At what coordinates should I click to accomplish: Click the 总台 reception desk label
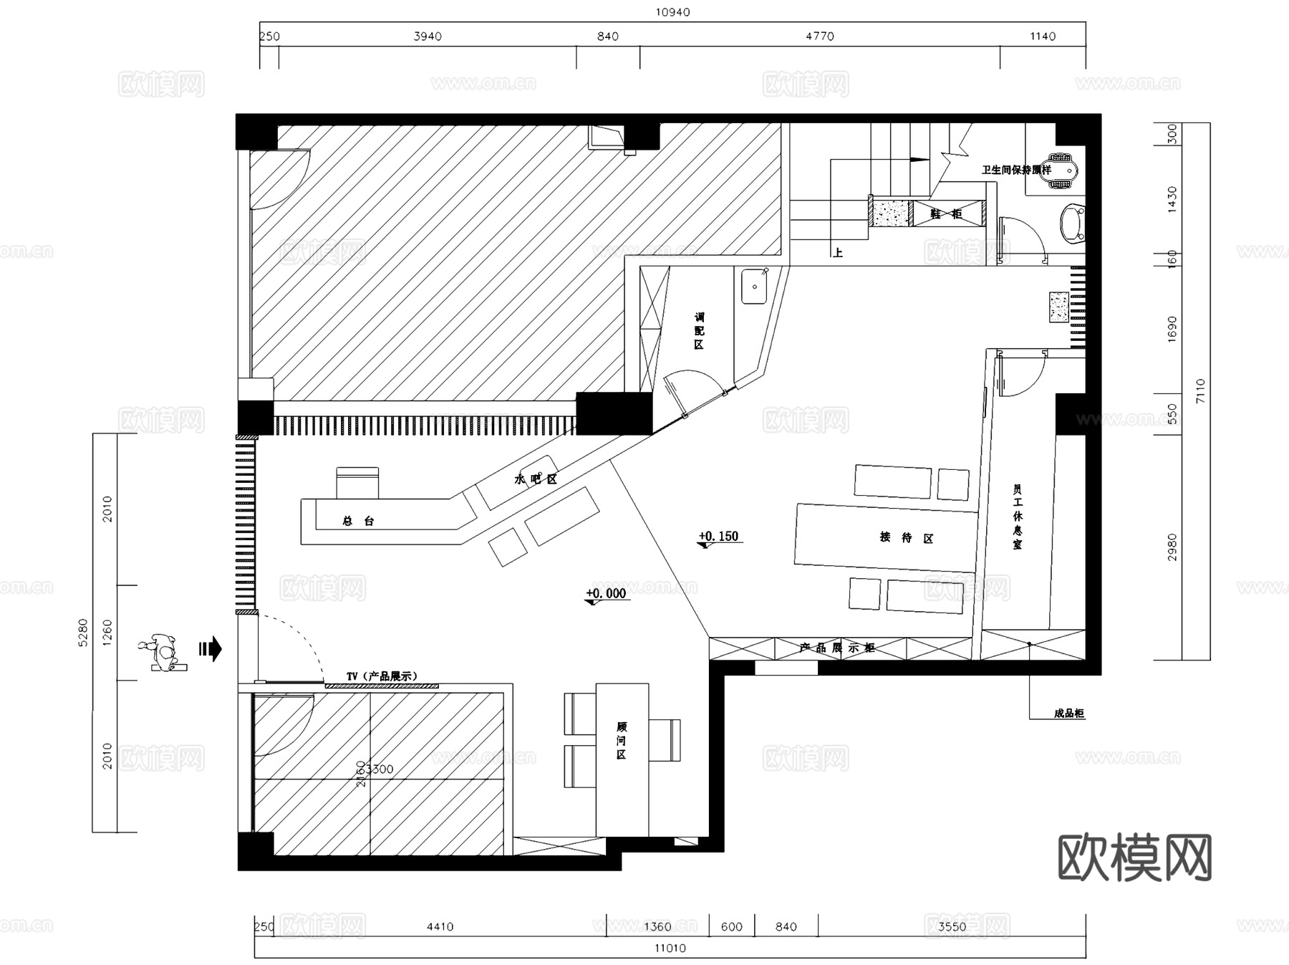point(358,522)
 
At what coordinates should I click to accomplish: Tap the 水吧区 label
point(535,479)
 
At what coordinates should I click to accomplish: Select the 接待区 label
point(907,537)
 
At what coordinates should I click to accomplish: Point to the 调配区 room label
point(699,330)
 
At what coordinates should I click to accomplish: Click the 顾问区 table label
point(621,741)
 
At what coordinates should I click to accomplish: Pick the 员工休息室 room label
point(1018,516)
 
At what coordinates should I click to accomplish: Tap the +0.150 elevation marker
point(718,537)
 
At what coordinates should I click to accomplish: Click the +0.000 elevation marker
point(606,593)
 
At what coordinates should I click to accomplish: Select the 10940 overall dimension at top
point(672,12)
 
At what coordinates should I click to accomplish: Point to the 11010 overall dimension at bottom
point(670,948)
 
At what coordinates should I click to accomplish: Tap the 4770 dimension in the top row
point(819,37)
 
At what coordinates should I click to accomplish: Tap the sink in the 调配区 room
point(753,286)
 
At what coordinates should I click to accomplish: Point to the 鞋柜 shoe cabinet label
point(945,213)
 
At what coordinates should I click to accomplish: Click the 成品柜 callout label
point(1068,714)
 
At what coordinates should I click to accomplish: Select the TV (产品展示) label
point(382,676)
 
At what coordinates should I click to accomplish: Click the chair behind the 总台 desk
point(357,482)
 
